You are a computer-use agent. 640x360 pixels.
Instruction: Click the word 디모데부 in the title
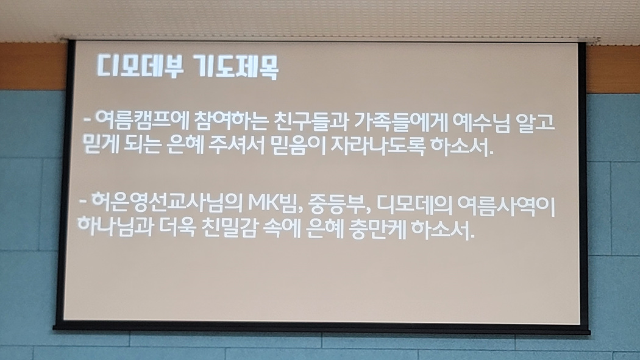tap(140, 65)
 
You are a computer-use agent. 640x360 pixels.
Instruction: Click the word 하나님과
tap(115, 225)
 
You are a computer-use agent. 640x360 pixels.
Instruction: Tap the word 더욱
tap(177, 227)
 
